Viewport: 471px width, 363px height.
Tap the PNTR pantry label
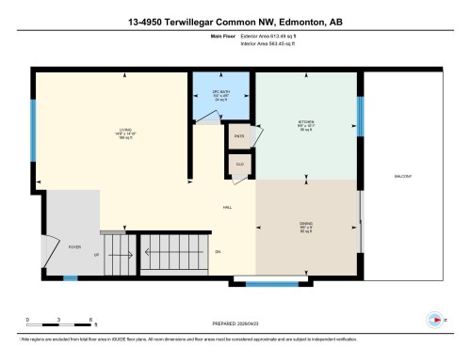(x=239, y=134)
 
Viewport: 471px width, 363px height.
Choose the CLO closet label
(x=239, y=163)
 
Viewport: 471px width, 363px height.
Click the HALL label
(x=227, y=208)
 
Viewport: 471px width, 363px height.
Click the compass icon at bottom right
(x=434, y=317)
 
